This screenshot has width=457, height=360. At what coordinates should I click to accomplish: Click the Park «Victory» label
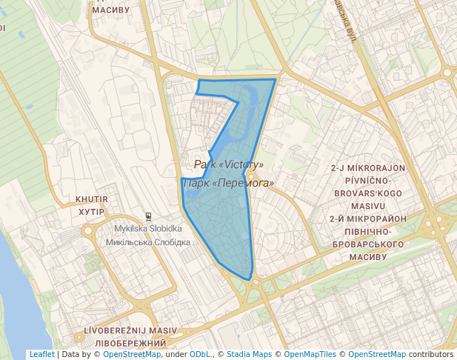coord(228,164)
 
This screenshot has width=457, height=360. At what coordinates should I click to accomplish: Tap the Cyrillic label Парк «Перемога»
coord(228,182)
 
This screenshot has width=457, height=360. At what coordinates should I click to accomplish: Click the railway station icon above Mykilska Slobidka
coord(149,217)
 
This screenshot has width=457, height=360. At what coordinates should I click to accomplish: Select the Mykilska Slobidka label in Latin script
coord(143,228)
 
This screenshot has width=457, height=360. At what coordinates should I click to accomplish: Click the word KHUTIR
coord(92,199)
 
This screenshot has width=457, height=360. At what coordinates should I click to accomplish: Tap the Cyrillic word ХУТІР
coord(92,211)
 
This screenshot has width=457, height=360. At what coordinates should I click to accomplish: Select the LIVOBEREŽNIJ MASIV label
coord(130,330)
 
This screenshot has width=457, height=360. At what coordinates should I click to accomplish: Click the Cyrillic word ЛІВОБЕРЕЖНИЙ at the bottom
coord(130,344)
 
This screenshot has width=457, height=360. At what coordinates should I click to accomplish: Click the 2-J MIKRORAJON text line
coord(367,168)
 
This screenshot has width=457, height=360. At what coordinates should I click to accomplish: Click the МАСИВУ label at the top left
coord(111,10)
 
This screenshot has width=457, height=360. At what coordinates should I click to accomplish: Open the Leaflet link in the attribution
coord(41,355)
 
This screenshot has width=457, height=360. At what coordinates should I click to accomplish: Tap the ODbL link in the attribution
coord(199,355)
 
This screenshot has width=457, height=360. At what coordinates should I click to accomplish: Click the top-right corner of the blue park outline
coord(276,79)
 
